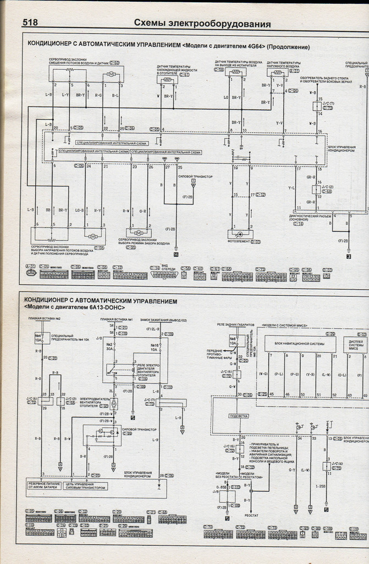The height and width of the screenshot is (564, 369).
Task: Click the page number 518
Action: (x=34, y=23)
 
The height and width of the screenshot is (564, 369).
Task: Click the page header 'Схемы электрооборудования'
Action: (x=202, y=24)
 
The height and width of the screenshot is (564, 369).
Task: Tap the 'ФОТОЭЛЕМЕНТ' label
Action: (x=240, y=241)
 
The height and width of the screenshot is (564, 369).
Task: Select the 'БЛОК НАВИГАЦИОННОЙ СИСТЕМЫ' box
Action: (x=300, y=345)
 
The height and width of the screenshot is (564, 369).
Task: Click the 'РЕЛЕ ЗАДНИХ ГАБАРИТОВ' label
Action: (x=236, y=326)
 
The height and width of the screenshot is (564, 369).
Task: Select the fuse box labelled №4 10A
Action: (x=40, y=338)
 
